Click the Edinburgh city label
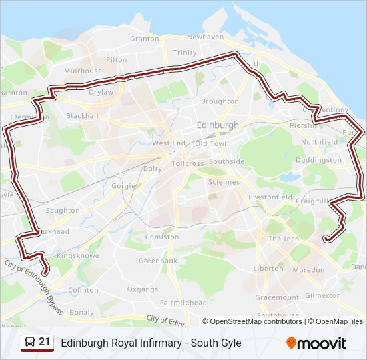[x=218, y=125]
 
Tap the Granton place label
[x=145, y=39]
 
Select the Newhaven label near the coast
[x=206, y=37]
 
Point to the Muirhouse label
[x=83, y=71]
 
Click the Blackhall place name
[x=83, y=116]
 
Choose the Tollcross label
[x=188, y=163]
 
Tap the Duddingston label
[x=318, y=161]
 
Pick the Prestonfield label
[x=270, y=197]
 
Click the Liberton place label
[x=268, y=269]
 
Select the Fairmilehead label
[x=183, y=303]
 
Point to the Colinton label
[x=83, y=290]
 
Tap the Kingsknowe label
[x=78, y=255]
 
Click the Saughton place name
[x=63, y=211]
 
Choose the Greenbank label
[x=158, y=261]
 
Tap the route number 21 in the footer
[x=45, y=342]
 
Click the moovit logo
[x=316, y=343]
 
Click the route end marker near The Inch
[x=326, y=239]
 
